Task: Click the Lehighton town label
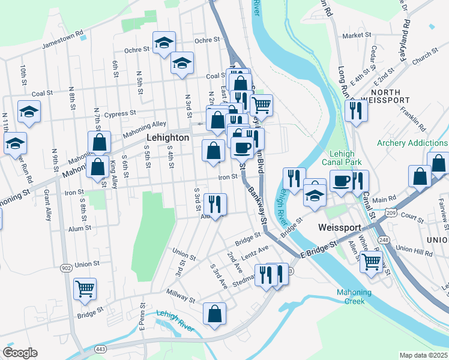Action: (168, 137)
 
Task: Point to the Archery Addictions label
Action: (412, 143)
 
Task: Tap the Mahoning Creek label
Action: (354, 297)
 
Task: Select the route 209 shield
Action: (391, 212)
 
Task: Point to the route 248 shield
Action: (384, 240)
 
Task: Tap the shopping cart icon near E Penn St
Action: (85, 289)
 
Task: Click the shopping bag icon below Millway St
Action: (214, 313)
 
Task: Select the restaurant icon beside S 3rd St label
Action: (215, 204)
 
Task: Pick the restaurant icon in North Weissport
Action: (357, 110)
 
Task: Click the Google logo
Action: (20, 353)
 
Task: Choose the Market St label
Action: (357, 35)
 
